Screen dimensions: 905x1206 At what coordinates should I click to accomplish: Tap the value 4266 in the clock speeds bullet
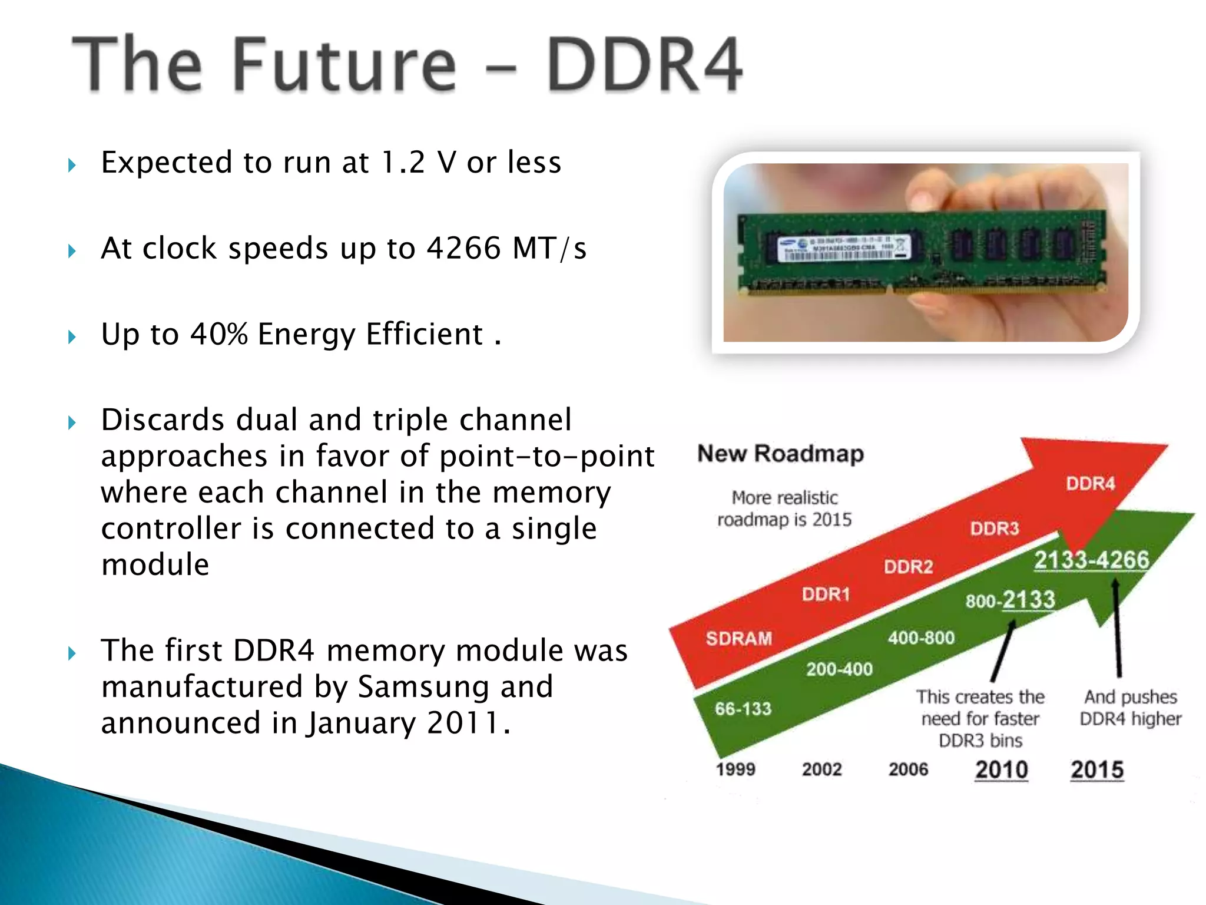[x=463, y=248]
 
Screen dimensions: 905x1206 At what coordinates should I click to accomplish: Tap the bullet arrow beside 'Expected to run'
[x=72, y=165]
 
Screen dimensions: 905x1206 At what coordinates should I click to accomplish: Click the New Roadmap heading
[x=780, y=454]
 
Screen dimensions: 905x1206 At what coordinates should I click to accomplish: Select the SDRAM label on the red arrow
[x=738, y=638]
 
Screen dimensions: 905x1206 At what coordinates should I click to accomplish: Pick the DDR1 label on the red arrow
[x=826, y=594]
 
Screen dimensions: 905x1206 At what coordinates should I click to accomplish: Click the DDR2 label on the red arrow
[x=908, y=567]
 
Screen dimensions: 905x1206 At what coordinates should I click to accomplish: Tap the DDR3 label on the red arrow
[x=994, y=529]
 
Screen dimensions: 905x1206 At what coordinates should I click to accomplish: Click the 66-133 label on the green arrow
[x=743, y=709]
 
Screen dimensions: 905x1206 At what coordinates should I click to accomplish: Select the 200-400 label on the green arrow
[x=839, y=669]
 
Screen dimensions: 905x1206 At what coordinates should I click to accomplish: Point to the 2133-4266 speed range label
[x=1091, y=560]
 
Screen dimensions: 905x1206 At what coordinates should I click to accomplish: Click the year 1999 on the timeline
[x=735, y=769]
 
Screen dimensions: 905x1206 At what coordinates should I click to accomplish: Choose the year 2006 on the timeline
[x=908, y=769]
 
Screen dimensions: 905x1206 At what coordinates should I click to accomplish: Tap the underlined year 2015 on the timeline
[x=1097, y=770]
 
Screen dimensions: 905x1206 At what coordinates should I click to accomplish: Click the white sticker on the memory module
[x=842, y=249]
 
